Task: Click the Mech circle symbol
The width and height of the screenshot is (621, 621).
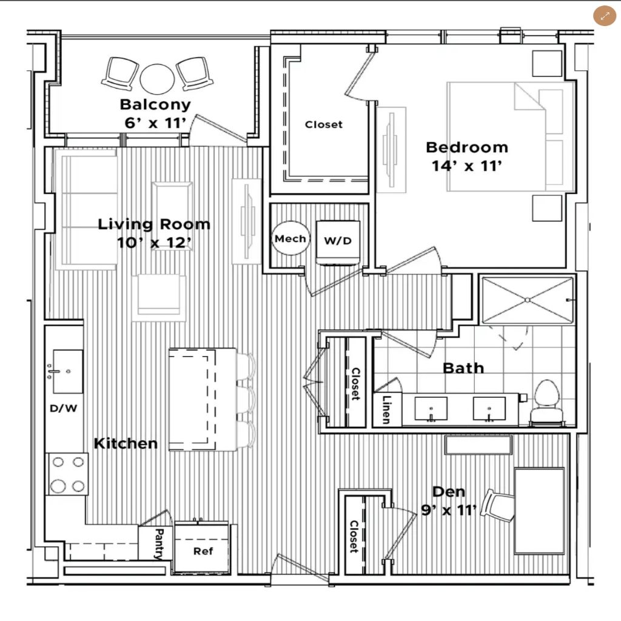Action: [x=290, y=238]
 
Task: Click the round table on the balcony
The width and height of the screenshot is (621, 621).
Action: [x=157, y=79]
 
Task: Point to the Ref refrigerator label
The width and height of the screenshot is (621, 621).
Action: [x=203, y=551]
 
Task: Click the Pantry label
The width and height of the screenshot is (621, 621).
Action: [x=159, y=544]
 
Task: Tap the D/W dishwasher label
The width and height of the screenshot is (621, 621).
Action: [x=63, y=408]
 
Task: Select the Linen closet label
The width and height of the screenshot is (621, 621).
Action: [x=386, y=409]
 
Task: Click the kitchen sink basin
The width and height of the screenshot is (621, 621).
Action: [x=68, y=371]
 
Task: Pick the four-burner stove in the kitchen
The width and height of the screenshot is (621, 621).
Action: [x=68, y=474]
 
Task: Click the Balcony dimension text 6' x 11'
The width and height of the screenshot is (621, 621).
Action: [x=155, y=123]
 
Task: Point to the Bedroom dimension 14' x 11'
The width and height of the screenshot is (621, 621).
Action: [x=467, y=166]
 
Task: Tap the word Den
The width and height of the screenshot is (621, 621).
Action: [x=448, y=491]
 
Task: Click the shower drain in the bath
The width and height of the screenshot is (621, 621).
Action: [x=527, y=300]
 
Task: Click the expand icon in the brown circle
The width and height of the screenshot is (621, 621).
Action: [x=605, y=16]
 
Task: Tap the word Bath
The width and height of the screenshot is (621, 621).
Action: [x=463, y=368]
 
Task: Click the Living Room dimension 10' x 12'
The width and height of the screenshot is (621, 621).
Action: [x=155, y=243]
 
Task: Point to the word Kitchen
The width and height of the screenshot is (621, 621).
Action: [x=126, y=443]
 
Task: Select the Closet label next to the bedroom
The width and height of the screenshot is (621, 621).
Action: [x=324, y=124]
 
